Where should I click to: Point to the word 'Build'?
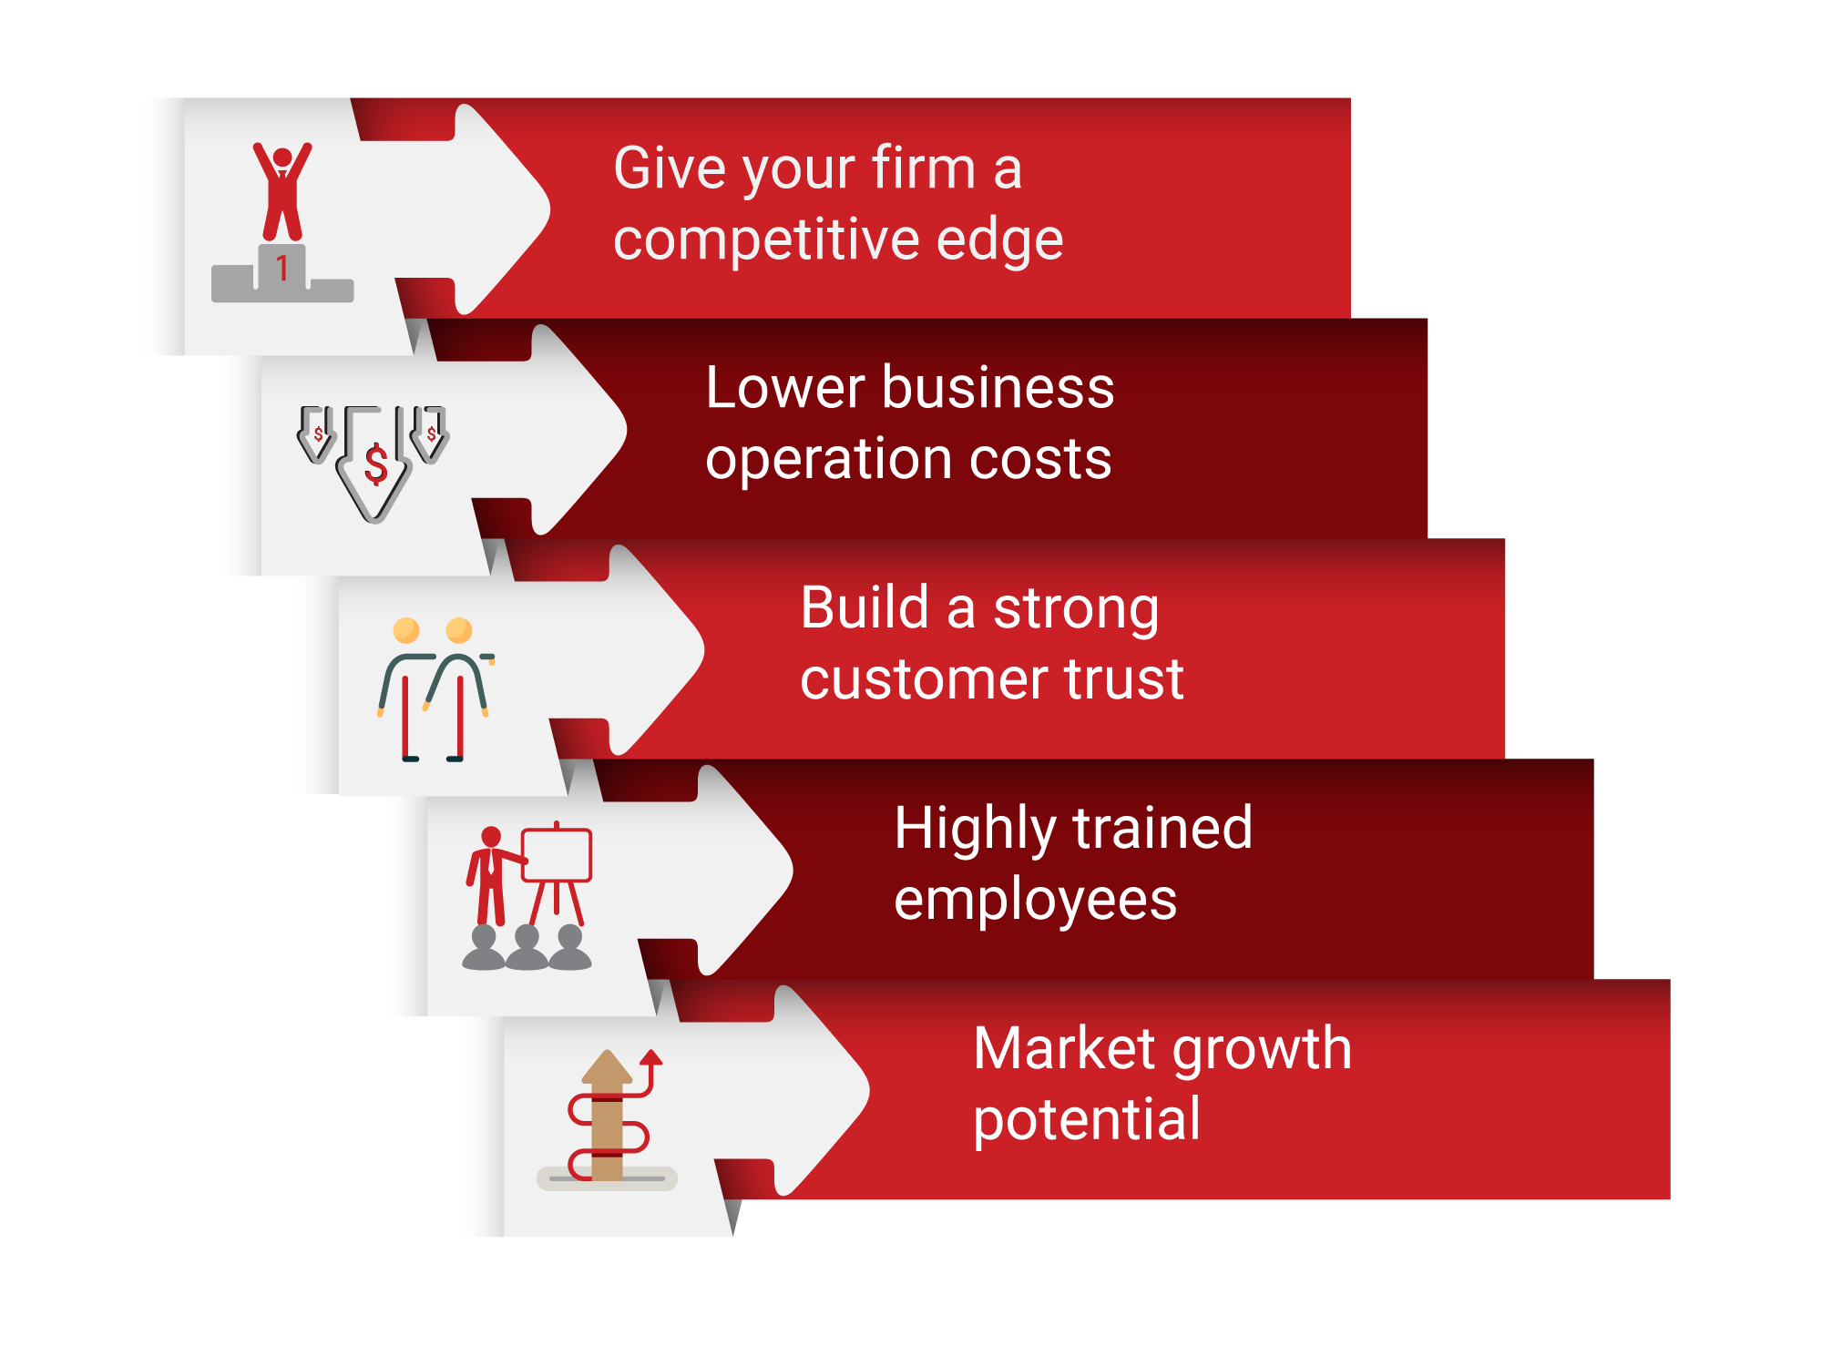pyautogui.click(x=865, y=607)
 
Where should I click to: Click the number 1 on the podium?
pyautogui.click(x=282, y=268)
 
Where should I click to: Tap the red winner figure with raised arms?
pyautogui.click(x=282, y=191)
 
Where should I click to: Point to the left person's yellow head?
pyautogui.click(x=406, y=630)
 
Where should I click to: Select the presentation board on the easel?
pyautogui.click(x=557, y=855)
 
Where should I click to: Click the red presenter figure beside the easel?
pyautogui.click(x=491, y=876)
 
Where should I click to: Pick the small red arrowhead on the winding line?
pyautogui.click(x=650, y=1057)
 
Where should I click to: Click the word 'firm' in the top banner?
pyautogui.click(x=924, y=168)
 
